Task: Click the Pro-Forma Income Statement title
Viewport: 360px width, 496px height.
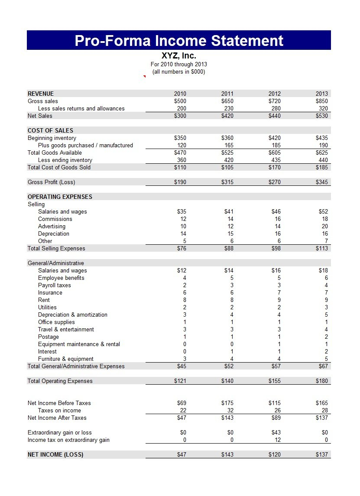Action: (x=179, y=40)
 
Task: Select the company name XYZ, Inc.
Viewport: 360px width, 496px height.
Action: (x=179, y=56)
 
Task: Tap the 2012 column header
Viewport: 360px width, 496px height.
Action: (x=274, y=94)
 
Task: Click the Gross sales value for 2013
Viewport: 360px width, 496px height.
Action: (x=322, y=101)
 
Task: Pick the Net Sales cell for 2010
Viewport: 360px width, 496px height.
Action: (x=180, y=116)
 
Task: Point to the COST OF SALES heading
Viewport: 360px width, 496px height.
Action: (x=50, y=130)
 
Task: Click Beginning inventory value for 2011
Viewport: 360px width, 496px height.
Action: (x=227, y=138)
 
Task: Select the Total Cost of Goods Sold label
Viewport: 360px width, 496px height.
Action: (x=59, y=167)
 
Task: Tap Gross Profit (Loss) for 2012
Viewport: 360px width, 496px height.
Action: (x=274, y=182)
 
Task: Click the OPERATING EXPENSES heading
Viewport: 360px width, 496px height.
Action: (x=60, y=197)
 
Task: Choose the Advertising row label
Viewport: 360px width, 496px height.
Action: (x=52, y=226)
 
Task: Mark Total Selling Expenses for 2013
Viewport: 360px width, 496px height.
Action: (x=322, y=248)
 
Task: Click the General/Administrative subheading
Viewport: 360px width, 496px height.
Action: (x=56, y=263)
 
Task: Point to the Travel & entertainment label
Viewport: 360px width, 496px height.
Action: (x=66, y=329)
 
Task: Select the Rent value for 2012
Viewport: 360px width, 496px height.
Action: (x=279, y=300)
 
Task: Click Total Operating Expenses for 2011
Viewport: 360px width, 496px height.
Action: (x=227, y=381)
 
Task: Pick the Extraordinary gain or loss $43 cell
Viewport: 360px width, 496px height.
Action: (x=276, y=432)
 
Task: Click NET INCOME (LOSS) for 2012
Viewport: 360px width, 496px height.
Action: (x=274, y=454)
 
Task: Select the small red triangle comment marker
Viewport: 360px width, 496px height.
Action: (x=145, y=76)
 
